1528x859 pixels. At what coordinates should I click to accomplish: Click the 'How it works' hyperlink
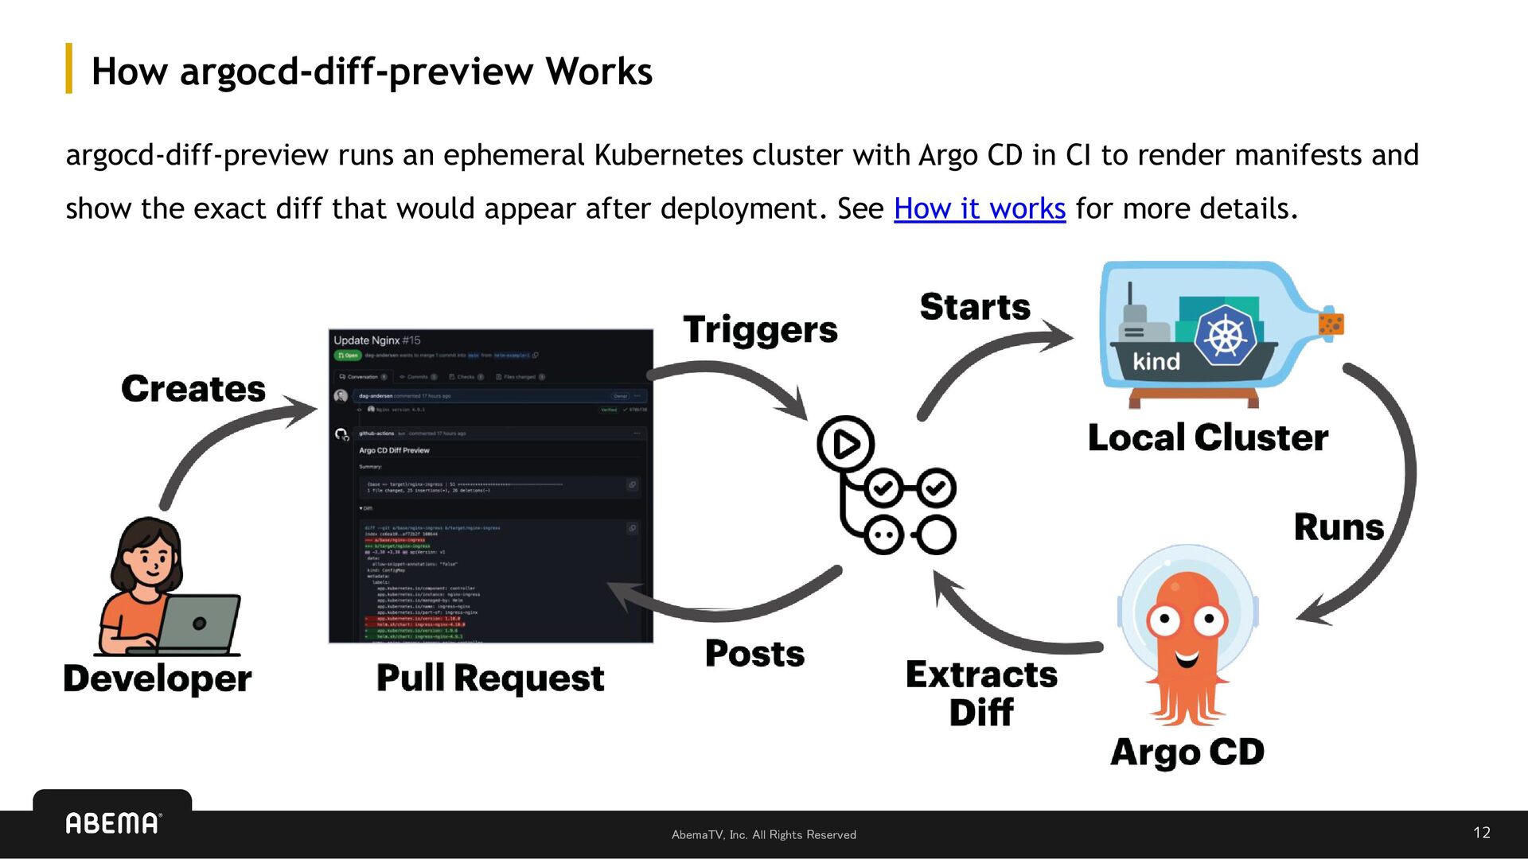coord(979,208)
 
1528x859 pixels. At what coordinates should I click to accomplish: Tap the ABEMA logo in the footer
coord(113,823)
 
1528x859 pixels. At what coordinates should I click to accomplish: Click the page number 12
coord(1481,832)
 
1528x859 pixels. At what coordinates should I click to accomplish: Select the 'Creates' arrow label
coord(193,389)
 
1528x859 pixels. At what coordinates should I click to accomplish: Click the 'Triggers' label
coord(760,329)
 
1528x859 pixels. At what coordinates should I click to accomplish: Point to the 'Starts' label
coord(975,307)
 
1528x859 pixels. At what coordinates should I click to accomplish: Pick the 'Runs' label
coord(1339,527)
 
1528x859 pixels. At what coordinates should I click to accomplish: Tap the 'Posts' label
coord(754,654)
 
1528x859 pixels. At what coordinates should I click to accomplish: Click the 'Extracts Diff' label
coord(981,693)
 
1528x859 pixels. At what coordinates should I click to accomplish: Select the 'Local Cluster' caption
coord(1207,437)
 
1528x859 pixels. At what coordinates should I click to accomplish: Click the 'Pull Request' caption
coord(490,678)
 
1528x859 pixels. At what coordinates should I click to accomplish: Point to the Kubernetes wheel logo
coord(1226,336)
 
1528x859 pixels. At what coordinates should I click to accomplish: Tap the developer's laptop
coord(199,624)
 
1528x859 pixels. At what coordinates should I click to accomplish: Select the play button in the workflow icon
coord(845,444)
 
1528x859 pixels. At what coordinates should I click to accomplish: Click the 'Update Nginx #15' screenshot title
coord(376,340)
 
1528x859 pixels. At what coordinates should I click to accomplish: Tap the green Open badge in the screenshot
coord(347,356)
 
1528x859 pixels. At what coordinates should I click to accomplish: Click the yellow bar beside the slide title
coord(69,68)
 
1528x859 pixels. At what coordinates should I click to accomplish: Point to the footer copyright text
coord(763,834)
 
